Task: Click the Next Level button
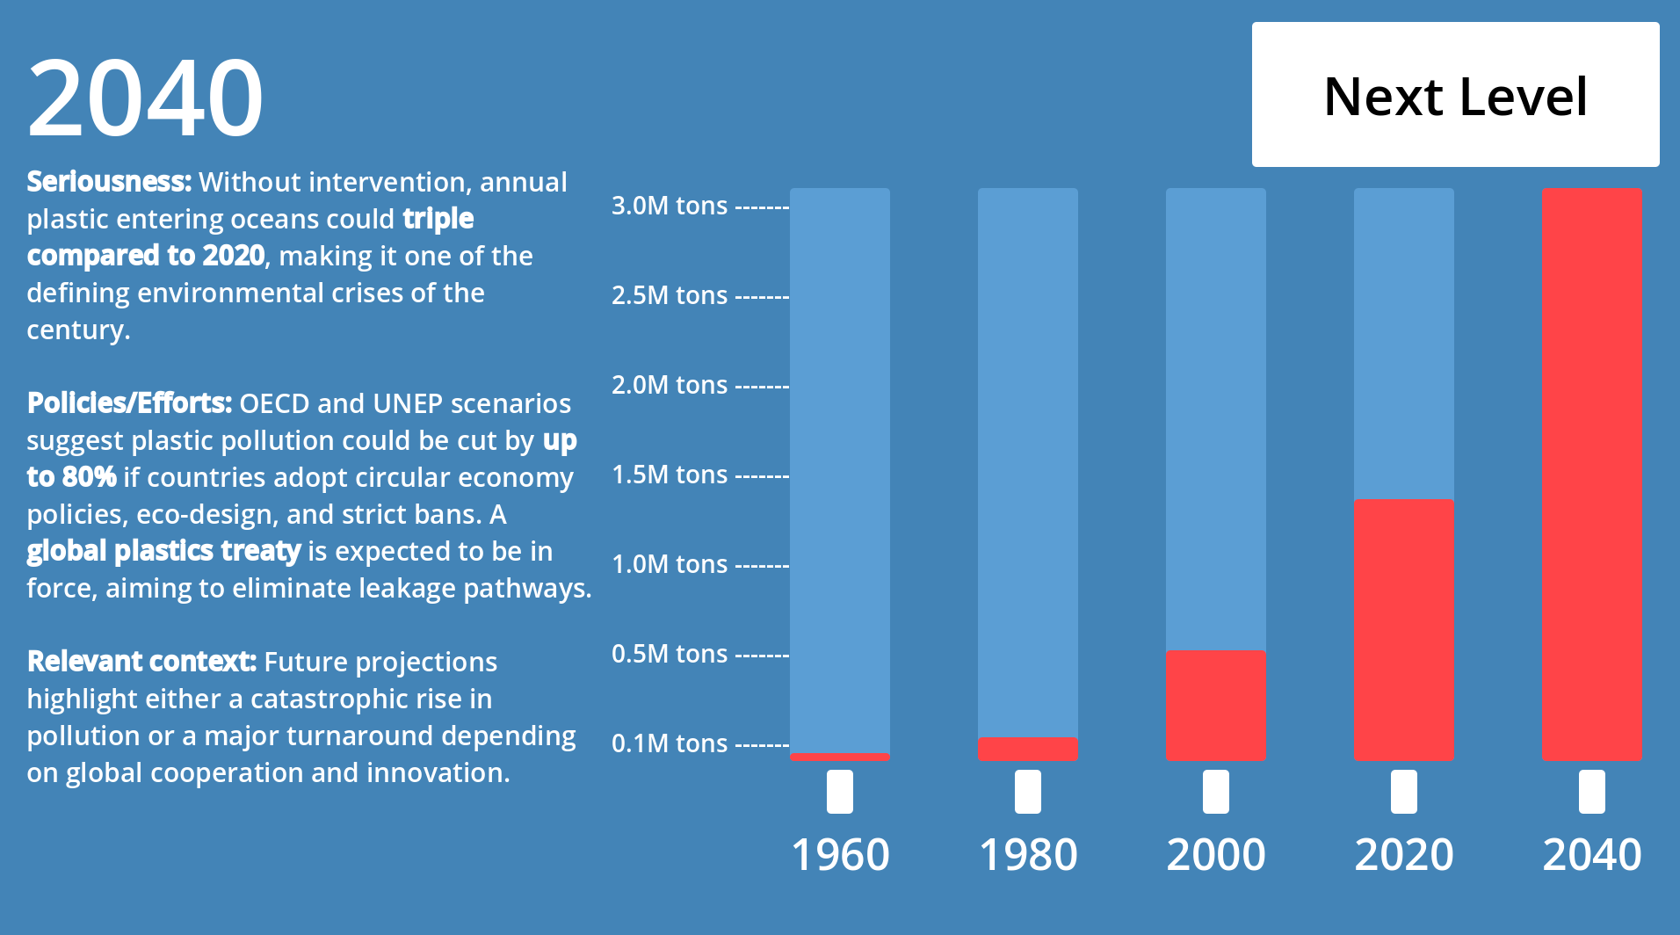(1455, 95)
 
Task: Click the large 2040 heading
(145, 97)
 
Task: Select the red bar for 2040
(1591, 475)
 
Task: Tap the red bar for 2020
(1403, 629)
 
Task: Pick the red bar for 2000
(1215, 705)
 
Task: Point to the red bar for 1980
(1027, 749)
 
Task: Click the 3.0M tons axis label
(670, 206)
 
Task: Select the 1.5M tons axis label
(670, 475)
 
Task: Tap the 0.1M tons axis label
(670, 743)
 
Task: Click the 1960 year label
(840, 854)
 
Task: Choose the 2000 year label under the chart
(1215, 854)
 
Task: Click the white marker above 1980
(1027, 792)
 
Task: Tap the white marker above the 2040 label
(1591, 792)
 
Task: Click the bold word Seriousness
(108, 182)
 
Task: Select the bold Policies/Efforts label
(129, 403)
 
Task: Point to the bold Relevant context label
(141, 662)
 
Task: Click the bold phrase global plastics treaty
(163, 551)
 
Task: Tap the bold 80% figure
(89, 477)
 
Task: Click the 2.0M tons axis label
(670, 385)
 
